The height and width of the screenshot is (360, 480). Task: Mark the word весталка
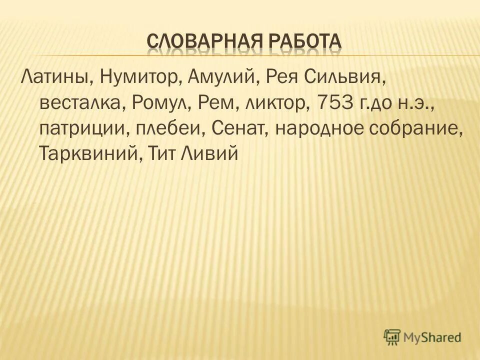(82, 103)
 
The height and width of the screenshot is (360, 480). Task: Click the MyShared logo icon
(392, 337)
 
